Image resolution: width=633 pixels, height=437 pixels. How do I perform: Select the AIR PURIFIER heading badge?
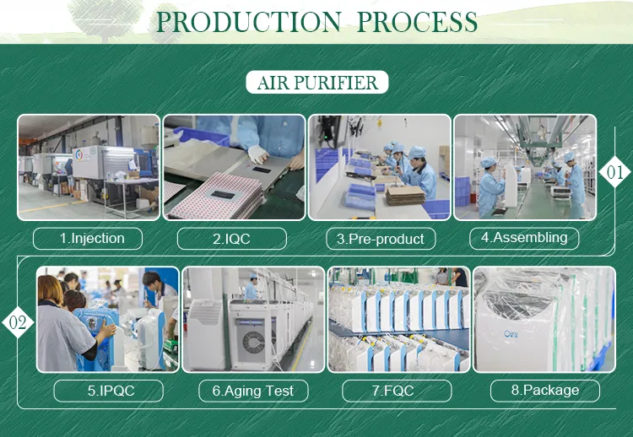coord(316,82)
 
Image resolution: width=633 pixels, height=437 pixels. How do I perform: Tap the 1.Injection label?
coord(88,239)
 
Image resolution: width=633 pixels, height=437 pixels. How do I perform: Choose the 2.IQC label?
coord(233,239)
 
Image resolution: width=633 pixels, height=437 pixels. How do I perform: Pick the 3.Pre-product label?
coord(381,240)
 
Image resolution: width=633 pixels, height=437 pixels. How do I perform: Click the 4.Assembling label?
coord(524,238)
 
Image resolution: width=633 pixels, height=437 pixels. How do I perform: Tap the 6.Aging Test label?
coord(253,391)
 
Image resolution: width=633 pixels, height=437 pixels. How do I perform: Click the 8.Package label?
coord(545,390)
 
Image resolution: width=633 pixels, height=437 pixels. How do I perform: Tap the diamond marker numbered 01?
coord(614,173)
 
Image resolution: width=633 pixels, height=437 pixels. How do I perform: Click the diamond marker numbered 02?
coord(18,322)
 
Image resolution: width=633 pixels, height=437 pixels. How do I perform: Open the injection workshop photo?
coord(89,167)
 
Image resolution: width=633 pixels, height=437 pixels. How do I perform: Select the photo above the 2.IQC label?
coord(234,167)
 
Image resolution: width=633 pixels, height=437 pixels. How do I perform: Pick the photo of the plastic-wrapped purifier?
coord(544,319)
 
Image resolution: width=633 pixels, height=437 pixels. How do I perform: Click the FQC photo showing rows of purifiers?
coord(398,319)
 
